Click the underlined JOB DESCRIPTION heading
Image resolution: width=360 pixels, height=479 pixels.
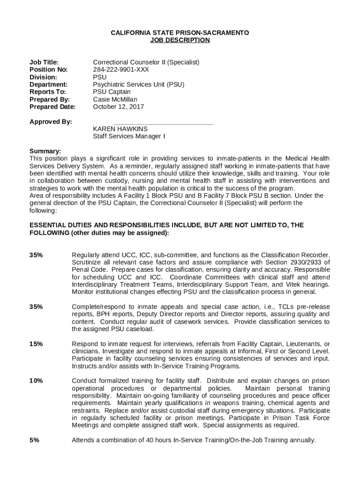click(x=180, y=40)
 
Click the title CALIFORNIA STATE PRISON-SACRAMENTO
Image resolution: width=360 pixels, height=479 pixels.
click(x=180, y=33)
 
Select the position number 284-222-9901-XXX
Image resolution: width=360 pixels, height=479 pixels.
click(x=121, y=69)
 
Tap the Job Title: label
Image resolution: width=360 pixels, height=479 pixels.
click(x=44, y=62)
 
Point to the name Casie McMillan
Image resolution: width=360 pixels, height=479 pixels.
click(x=115, y=99)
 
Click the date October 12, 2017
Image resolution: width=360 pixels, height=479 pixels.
click(x=118, y=107)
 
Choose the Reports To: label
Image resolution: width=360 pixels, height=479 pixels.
click(x=48, y=92)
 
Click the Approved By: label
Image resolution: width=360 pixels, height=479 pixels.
click(x=50, y=122)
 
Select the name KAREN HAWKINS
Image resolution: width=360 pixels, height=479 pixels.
click(x=120, y=129)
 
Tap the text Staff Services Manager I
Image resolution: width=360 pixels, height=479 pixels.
click(x=129, y=136)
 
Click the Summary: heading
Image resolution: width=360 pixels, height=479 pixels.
click(x=45, y=151)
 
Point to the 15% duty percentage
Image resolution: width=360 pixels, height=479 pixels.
click(x=36, y=344)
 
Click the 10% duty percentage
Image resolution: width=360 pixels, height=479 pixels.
click(x=36, y=381)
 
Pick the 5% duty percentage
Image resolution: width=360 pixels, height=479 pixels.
click(x=34, y=440)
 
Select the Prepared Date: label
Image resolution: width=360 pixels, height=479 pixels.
click(x=52, y=107)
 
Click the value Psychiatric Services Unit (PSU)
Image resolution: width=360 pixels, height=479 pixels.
click(x=138, y=84)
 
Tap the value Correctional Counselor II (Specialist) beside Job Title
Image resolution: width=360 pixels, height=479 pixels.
click(x=146, y=62)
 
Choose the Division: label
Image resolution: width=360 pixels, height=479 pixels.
click(x=43, y=77)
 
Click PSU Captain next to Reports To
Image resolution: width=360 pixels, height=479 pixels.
click(x=112, y=92)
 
